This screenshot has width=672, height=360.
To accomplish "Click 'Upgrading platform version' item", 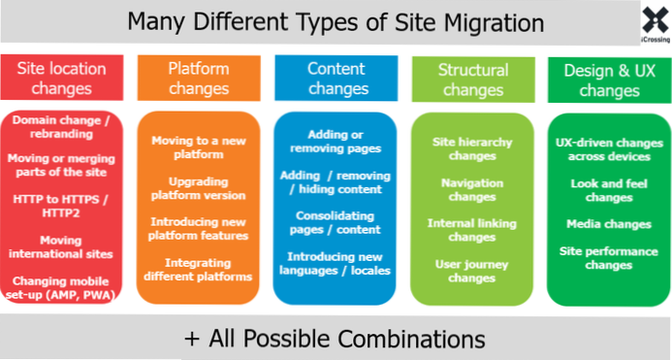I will pyautogui.click(x=199, y=188).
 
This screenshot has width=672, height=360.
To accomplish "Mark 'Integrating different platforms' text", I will pyautogui.click(x=199, y=270).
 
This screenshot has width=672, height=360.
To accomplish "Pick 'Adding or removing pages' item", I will pyautogui.click(x=335, y=142).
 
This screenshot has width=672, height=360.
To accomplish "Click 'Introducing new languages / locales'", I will pyautogui.click(x=335, y=263).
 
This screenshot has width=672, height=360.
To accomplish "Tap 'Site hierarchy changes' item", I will pyautogui.click(x=472, y=147).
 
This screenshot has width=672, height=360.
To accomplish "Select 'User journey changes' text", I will pyautogui.click(x=472, y=270).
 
